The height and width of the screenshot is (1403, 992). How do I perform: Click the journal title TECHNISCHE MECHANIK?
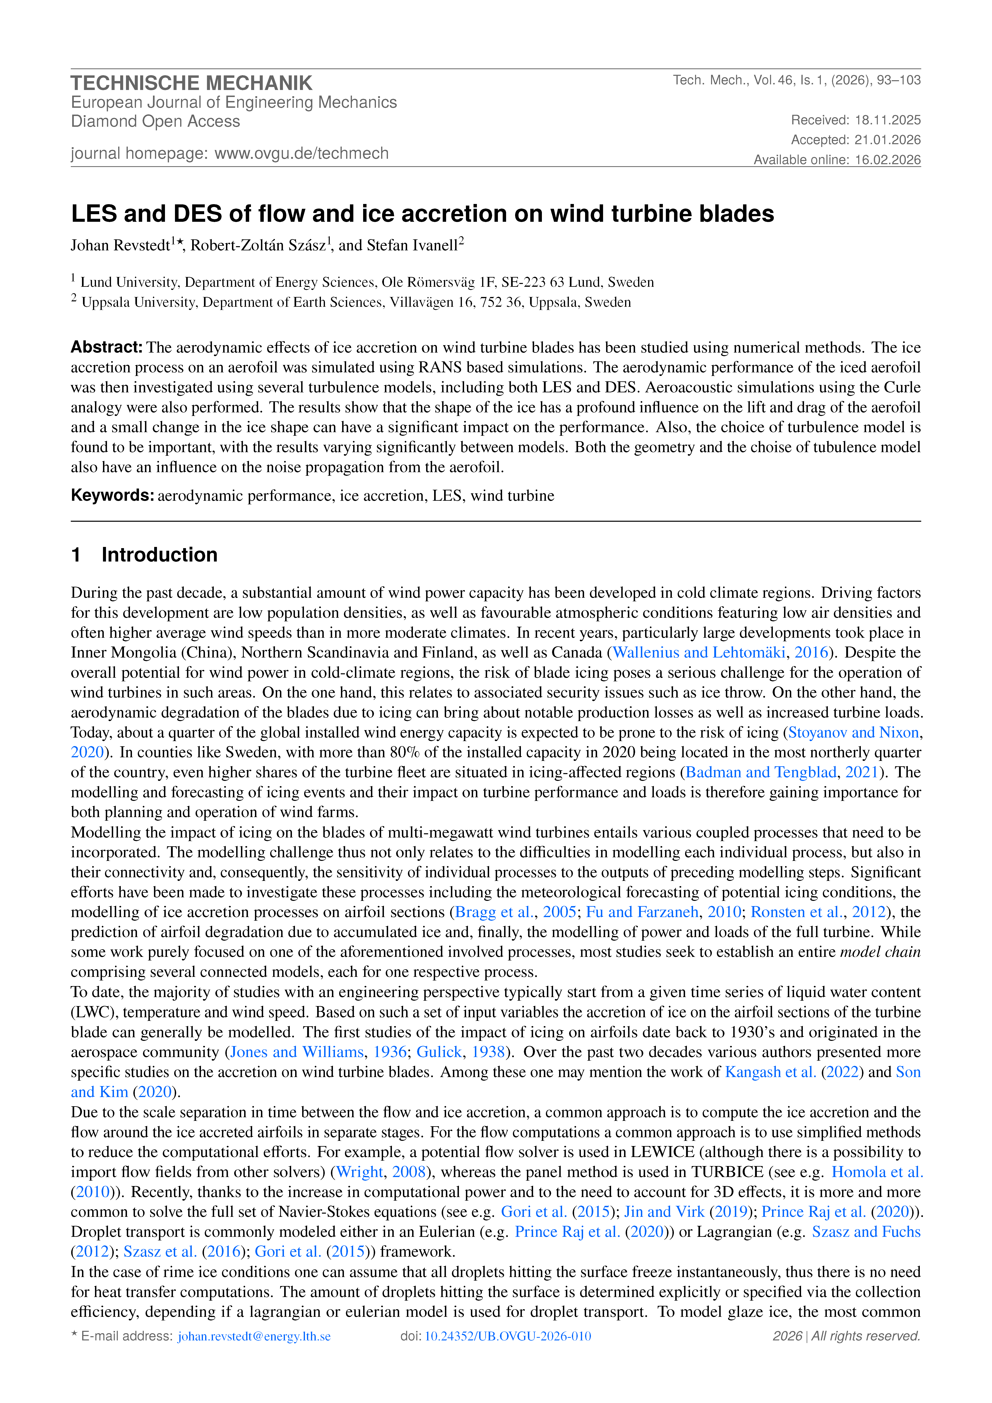191,83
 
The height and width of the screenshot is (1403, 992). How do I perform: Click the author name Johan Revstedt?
120,246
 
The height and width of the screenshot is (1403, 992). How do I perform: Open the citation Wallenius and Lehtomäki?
699,653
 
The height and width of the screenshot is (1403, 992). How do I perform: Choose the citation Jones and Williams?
296,1052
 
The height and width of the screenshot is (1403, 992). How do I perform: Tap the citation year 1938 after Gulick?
488,1052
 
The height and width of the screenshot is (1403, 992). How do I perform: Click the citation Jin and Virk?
664,1212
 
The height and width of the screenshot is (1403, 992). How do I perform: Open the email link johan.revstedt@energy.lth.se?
254,1336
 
